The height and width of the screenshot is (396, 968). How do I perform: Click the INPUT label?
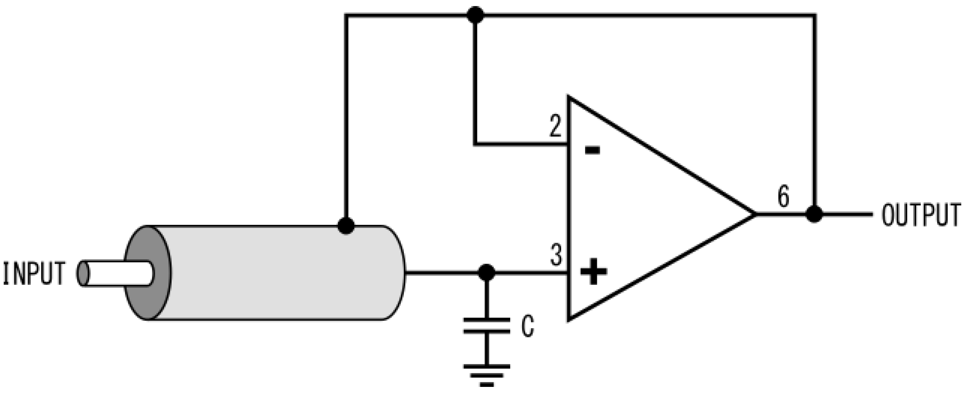click(34, 273)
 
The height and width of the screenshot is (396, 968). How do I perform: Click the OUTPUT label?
click(921, 215)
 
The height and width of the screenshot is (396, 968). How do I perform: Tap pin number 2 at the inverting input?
click(555, 126)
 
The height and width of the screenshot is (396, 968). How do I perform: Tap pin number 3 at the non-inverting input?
click(556, 255)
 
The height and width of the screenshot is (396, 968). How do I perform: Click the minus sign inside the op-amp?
click(593, 150)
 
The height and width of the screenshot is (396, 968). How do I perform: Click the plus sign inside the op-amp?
click(594, 271)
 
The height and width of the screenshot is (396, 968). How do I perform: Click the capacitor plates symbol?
click(487, 326)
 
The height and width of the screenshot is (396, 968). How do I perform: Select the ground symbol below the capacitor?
click(487, 375)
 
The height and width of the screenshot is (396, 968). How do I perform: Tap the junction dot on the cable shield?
click(346, 226)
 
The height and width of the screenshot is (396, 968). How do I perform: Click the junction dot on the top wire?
click(475, 15)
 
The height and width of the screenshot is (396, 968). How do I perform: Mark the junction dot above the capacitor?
click(487, 273)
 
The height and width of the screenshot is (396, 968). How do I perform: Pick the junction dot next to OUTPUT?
click(814, 214)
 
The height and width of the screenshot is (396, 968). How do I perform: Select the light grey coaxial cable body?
click(278, 273)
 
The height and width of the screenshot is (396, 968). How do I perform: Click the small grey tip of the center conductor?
click(83, 273)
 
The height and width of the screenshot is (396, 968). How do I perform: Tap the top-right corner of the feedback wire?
click(814, 16)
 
